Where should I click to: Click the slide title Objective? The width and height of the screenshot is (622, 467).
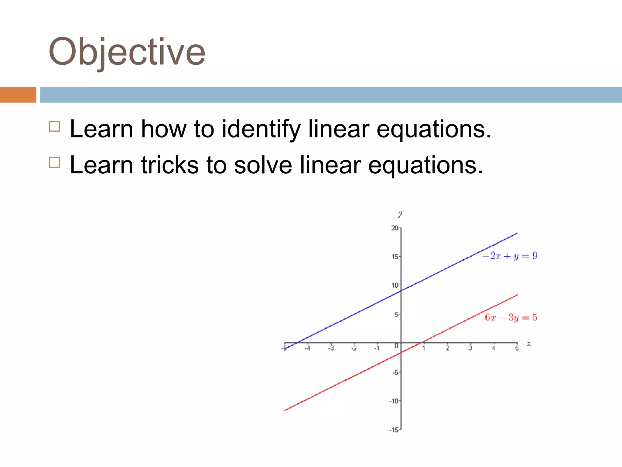(x=127, y=52)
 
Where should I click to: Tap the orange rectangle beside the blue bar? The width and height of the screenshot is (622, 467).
(x=18, y=95)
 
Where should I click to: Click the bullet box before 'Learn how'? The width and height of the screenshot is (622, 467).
(x=54, y=126)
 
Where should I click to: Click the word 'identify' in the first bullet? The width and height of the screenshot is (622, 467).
(x=261, y=129)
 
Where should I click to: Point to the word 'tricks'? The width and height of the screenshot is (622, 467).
(x=170, y=165)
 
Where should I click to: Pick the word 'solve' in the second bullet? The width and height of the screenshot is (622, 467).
(x=263, y=165)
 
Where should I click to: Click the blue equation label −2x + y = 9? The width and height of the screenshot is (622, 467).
(x=510, y=256)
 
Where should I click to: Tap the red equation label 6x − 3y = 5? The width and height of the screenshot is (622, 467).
(x=511, y=318)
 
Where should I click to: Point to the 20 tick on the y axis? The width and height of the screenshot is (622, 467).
(x=395, y=228)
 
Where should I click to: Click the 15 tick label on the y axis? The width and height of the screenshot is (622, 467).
(x=395, y=257)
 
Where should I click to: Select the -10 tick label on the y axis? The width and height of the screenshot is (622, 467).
(x=394, y=401)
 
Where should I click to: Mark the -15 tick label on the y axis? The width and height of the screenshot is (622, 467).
(x=394, y=430)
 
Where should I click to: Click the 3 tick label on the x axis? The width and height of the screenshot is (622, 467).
(x=470, y=348)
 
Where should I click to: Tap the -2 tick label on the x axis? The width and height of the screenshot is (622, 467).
(x=354, y=348)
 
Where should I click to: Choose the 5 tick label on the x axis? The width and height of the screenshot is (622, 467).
(x=517, y=348)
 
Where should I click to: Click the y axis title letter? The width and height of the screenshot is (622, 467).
(x=400, y=214)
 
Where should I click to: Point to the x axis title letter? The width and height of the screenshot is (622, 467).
(x=529, y=344)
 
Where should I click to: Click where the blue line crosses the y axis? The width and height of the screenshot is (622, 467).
(x=401, y=291)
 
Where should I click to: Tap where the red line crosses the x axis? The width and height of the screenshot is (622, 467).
(x=420, y=343)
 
